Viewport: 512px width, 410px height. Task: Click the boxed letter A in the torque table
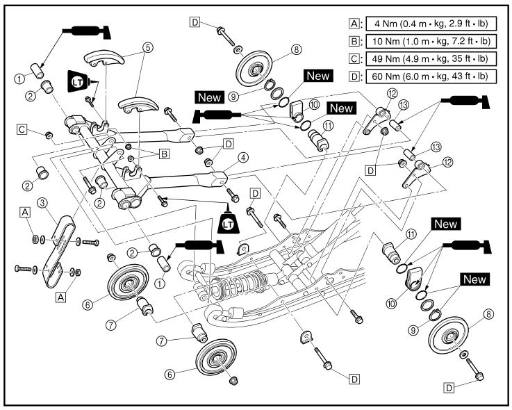click(354, 22)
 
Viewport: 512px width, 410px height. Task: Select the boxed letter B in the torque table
click(354, 40)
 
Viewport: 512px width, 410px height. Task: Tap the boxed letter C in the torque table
click(354, 58)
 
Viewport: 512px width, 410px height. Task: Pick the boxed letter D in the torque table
click(354, 75)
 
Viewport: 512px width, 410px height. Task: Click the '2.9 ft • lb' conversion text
click(472, 22)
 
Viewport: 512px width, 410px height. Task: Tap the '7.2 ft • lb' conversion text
click(472, 40)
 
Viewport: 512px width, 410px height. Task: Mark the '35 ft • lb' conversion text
click(474, 58)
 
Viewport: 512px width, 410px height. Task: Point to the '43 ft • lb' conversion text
click(474, 75)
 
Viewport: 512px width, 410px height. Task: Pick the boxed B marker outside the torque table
click(164, 154)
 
